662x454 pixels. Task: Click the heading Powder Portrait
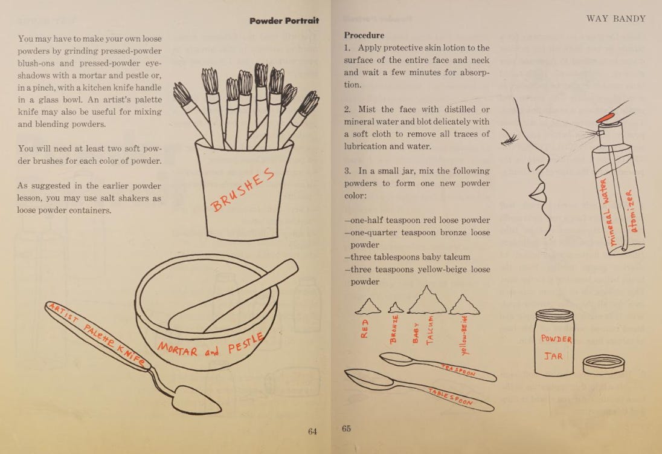coord(284,21)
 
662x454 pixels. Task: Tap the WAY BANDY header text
coord(616,19)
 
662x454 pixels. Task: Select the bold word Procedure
coord(364,35)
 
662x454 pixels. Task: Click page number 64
coord(312,431)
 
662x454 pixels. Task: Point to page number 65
coord(346,428)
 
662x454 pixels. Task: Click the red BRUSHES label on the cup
coord(243,190)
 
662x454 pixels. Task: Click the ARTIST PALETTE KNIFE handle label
coord(97,334)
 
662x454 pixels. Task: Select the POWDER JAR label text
coord(556,348)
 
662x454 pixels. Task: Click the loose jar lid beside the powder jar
coord(603,365)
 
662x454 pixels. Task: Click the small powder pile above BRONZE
coord(396,308)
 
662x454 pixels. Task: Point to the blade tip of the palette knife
coord(219,409)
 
